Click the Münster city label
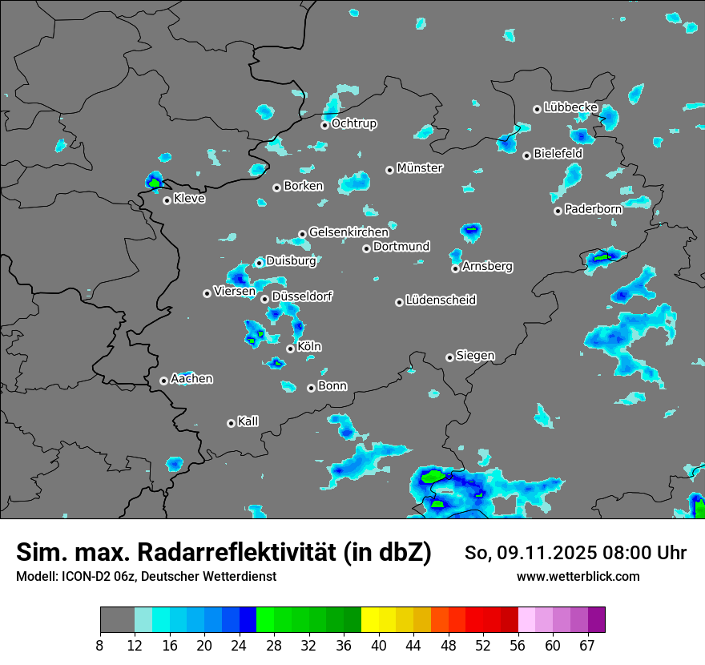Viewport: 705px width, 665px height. (420, 168)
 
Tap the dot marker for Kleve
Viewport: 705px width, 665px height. (167, 200)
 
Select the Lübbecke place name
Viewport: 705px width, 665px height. (570, 107)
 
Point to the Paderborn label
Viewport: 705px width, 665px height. (593, 210)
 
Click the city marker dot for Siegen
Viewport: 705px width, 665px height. (449, 357)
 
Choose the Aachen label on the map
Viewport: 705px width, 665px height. (191, 379)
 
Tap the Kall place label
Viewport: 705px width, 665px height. (248, 421)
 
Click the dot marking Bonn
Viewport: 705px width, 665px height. (312, 388)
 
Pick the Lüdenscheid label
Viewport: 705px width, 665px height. (441, 300)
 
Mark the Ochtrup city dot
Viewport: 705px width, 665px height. (324, 125)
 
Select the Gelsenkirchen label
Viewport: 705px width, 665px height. (348, 232)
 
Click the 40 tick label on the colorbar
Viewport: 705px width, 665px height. (379, 645)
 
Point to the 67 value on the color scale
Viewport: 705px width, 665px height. (586, 645)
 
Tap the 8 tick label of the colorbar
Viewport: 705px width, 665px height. (99, 645)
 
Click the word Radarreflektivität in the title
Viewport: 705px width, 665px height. (284, 553)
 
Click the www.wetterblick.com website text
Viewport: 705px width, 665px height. (578, 576)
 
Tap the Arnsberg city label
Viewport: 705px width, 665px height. (487, 266)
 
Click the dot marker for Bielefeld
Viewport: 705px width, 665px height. (526, 155)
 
